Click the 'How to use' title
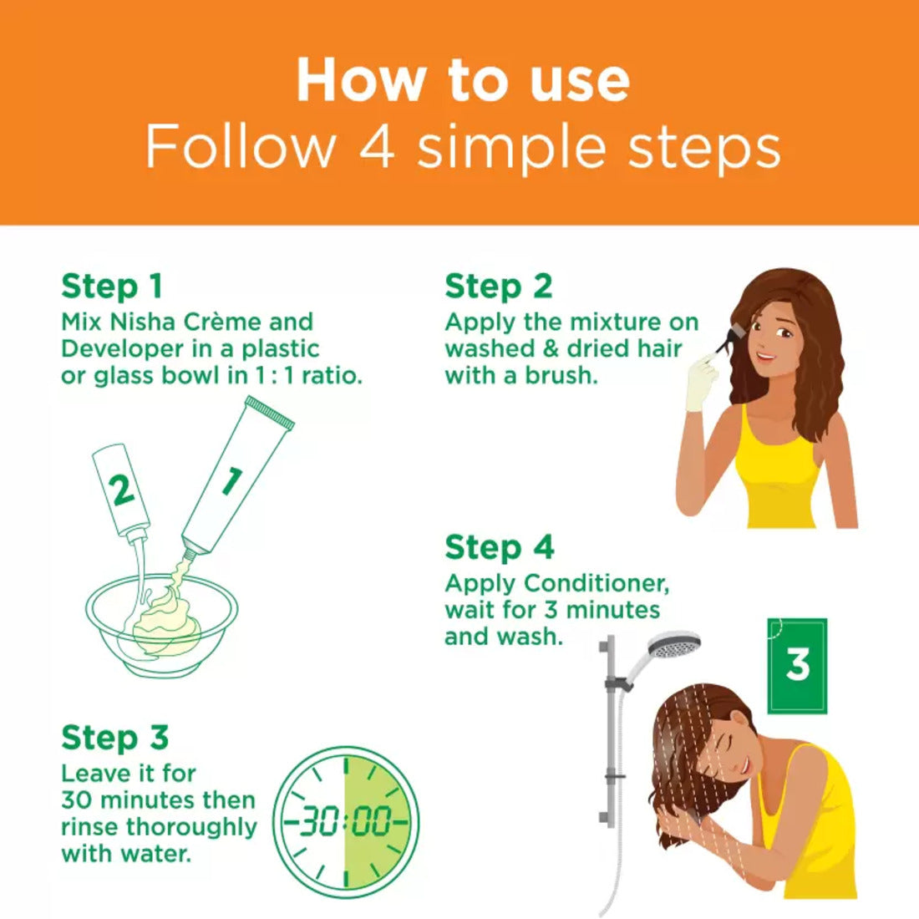tap(463, 80)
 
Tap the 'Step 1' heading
tap(111, 287)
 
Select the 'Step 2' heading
tap(499, 287)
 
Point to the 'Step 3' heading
tap(115, 738)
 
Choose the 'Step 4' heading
tap(500, 548)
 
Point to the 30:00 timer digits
tap(346, 820)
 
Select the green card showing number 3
tap(797, 666)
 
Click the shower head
tap(674, 646)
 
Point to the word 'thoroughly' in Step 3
tap(191, 828)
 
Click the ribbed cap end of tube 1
tap(270, 412)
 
